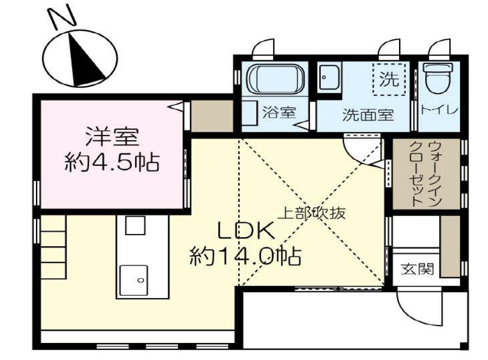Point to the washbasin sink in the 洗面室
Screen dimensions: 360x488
(330, 77)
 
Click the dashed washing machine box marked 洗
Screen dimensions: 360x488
(388, 78)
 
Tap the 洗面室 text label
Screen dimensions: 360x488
(367, 115)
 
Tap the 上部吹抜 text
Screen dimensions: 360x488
(312, 213)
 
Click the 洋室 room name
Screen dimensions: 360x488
(112, 137)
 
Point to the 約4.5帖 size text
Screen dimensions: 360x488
(112, 162)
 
